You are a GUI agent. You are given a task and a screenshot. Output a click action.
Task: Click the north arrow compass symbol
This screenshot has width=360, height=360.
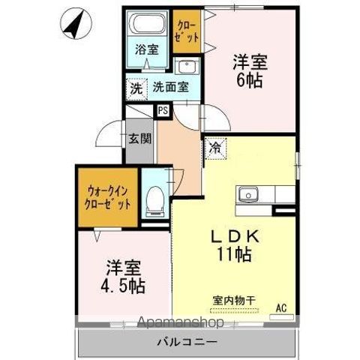coord(76,25)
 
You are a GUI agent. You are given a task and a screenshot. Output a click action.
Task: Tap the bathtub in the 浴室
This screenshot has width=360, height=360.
coord(148,23)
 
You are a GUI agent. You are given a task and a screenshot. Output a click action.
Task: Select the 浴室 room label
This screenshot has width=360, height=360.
coord(147,49)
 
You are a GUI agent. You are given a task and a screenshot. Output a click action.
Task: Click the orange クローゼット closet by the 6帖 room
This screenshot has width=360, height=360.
coord(187,31)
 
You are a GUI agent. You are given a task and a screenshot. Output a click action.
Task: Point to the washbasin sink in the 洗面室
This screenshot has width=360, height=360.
coord(187,66)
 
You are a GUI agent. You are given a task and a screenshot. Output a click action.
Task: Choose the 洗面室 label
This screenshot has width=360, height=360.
coord(170,87)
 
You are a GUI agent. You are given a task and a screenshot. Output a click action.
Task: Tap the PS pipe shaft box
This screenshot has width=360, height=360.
coord(163,110)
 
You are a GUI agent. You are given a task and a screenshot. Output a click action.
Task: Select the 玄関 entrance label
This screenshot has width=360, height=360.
coord(139,138)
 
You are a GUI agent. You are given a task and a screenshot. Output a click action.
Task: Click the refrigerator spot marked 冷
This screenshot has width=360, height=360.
coord(215,148)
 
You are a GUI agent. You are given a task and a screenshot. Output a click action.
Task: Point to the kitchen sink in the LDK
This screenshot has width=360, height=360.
coord(248,194)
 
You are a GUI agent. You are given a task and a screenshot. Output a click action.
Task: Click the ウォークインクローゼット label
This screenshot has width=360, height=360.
coord(108,198)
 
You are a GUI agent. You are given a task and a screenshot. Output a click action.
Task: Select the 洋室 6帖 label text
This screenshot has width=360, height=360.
coord(250,70)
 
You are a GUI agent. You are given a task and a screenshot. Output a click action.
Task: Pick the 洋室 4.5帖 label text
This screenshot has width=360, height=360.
coord(123,277)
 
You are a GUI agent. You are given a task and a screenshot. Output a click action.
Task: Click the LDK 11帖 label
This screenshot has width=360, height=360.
coord(235,246)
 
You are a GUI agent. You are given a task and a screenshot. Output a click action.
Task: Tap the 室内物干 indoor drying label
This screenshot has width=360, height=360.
coord(234,301)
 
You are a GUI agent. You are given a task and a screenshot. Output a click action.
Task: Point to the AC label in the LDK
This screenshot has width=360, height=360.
coord(281,308)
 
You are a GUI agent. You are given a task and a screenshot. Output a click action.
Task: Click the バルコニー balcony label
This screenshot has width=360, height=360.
coord(187,342)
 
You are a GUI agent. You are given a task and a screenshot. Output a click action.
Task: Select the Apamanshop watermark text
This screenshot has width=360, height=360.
coord(181,322)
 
